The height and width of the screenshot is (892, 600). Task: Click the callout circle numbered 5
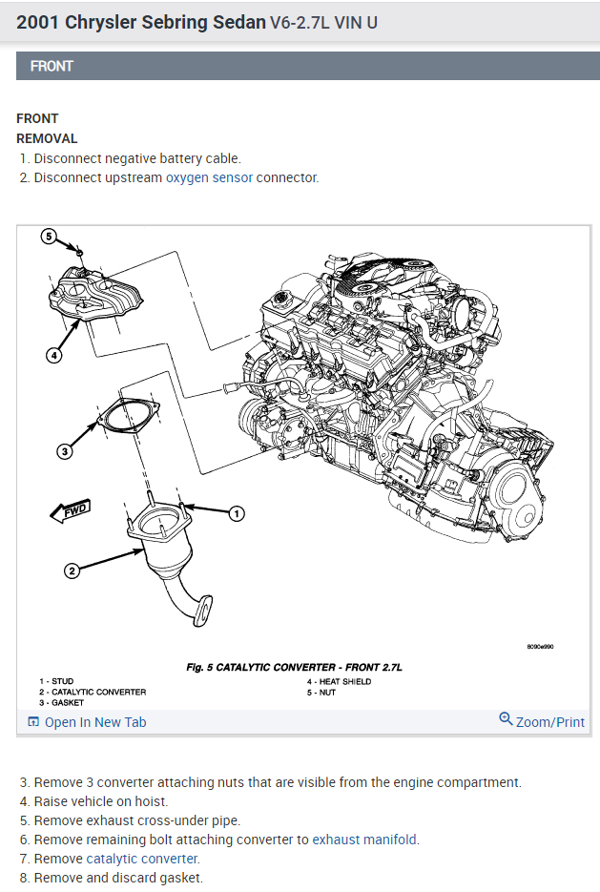50,237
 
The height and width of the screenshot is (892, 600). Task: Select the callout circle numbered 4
53,355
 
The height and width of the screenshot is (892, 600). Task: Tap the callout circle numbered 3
65,451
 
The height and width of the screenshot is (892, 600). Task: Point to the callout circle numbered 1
236,513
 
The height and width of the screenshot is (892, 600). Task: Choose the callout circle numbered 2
72,571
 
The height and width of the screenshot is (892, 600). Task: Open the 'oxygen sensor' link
209,177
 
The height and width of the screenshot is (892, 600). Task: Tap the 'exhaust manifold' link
364,840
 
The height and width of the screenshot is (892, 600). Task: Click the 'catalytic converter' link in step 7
141,859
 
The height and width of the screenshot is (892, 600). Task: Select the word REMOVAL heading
47,138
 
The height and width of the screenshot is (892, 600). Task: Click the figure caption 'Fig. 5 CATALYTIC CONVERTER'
292,666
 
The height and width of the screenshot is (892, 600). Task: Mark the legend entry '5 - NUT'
322,692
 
